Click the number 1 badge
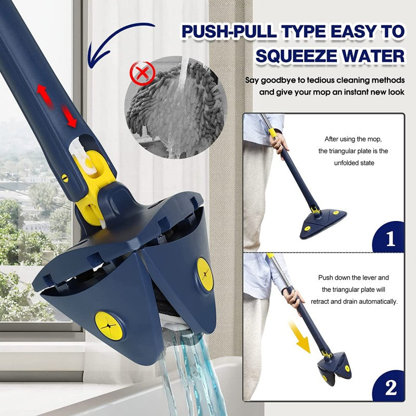(389, 239)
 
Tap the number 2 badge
(390, 387)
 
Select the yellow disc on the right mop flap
(205, 275)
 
